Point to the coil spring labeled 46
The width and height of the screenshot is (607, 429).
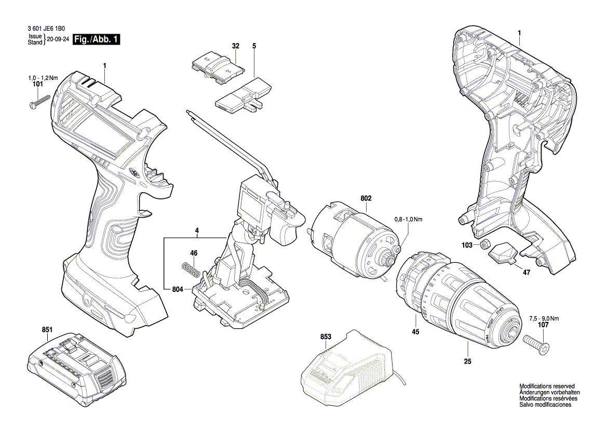point(191,269)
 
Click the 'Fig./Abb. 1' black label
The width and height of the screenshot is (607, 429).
point(97,39)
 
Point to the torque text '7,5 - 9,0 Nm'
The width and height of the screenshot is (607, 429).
point(544,318)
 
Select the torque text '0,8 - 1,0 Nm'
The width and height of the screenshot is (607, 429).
point(408,220)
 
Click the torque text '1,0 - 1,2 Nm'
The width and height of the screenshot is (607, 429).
point(43,77)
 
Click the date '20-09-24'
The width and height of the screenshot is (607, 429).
point(58,39)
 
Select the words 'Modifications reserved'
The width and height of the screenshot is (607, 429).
point(547,386)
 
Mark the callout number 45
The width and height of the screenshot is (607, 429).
point(415,332)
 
